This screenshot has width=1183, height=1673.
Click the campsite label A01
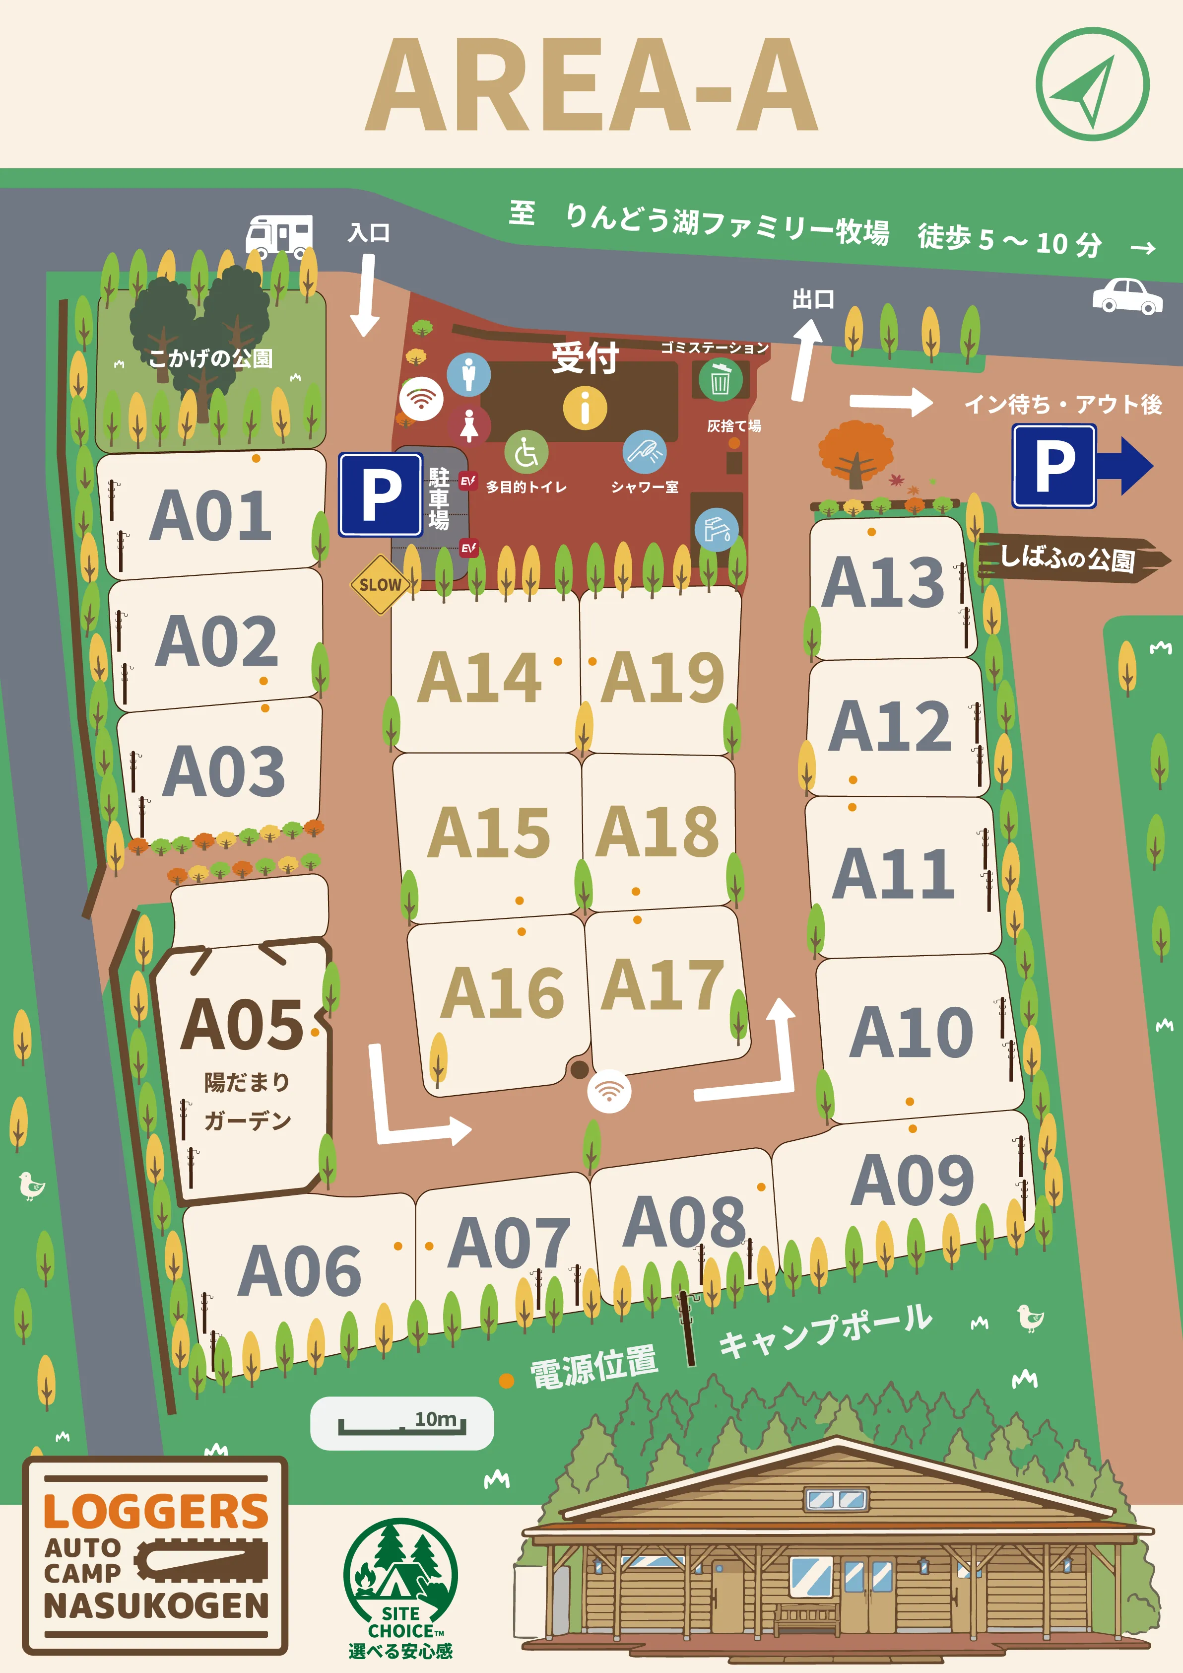coord(210,515)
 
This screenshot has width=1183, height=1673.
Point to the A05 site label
coord(241,1025)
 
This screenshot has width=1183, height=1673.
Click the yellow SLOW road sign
coord(380,584)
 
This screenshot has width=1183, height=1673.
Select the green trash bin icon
coord(720,380)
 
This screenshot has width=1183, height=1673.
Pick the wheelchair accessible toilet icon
coord(526,452)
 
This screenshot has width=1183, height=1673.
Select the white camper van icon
coord(279,235)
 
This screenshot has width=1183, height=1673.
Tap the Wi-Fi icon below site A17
coord(608,1091)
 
